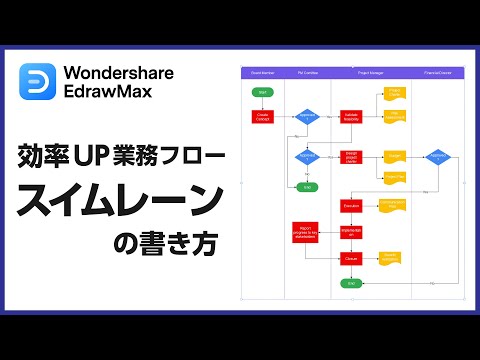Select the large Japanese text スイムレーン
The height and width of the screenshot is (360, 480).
pyautogui.click(x=120, y=200)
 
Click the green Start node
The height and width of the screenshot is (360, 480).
pyautogui.click(x=263, y=93)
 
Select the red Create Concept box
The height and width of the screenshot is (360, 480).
pyautogui.click(x=263, y=116)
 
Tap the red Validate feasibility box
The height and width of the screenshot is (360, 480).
pyautogui.click(x=351, y=116)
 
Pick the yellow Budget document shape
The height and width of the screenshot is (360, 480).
pyautogui.click(x=393, y=156)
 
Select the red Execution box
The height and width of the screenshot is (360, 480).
pyautogui.click(x=351, y=205)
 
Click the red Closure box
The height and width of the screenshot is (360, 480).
pyautogui.click(x=351, y=258)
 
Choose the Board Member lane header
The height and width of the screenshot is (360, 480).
pyautogui.click(x=263, y=73)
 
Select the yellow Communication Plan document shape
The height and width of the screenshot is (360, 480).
pyautogui.click(x=393, y=205)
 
